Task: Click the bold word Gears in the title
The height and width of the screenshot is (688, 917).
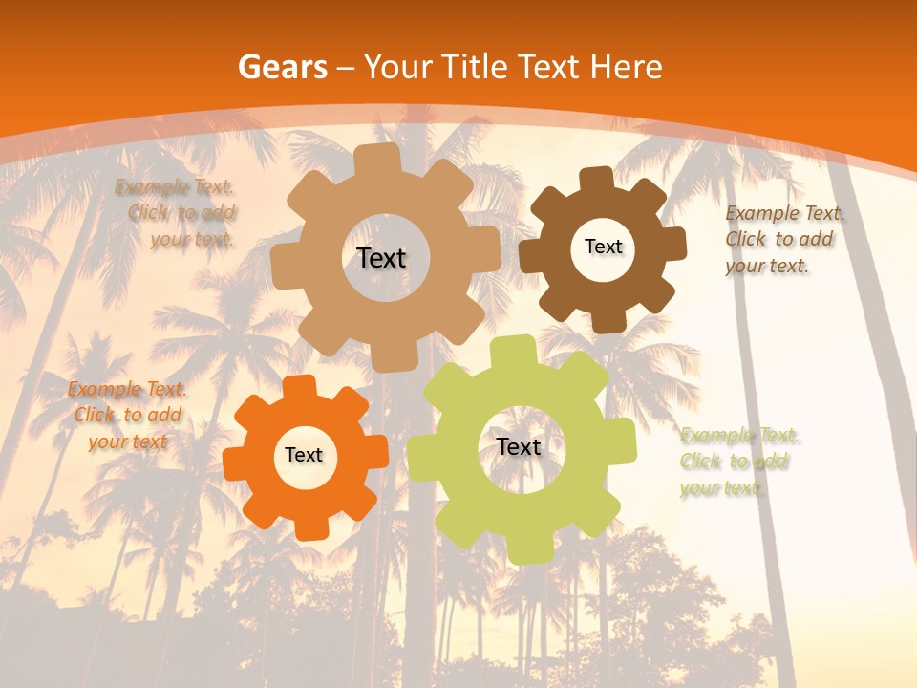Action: point(282,67)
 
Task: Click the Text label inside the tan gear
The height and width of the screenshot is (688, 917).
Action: point(381,258)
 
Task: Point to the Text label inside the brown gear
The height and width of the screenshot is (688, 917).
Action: point(603,247)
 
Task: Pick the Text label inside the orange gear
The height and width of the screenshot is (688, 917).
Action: point(304,455)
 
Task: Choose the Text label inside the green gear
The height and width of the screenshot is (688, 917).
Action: point(519,446)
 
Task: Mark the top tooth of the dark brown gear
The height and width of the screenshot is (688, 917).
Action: point(597,179)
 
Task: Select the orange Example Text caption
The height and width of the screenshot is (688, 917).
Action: point(127,415)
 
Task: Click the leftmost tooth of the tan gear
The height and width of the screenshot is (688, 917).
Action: point(284,269)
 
